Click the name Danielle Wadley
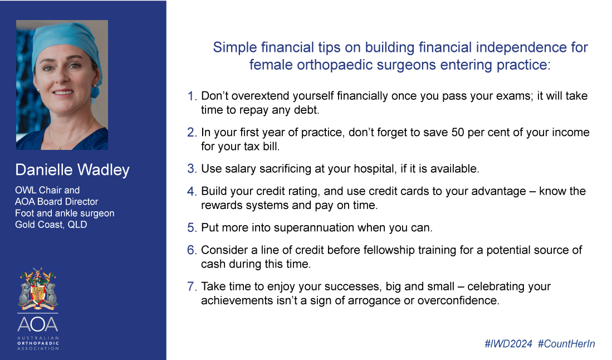(x=72, y=170)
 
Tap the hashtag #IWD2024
(x=508, y=344)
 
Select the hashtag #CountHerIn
(x=566, y=344)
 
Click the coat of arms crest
(x=38, y=288)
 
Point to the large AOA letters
(x=38, y=324)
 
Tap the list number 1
(x=192, y=96)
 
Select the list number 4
(x=192, y=191)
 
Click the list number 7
(x=192, y=286)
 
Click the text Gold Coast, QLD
(x=51, y=225)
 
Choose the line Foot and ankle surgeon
(x=65, y=213)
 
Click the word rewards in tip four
(x=221, y=206)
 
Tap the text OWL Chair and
(x=47, y=190)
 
